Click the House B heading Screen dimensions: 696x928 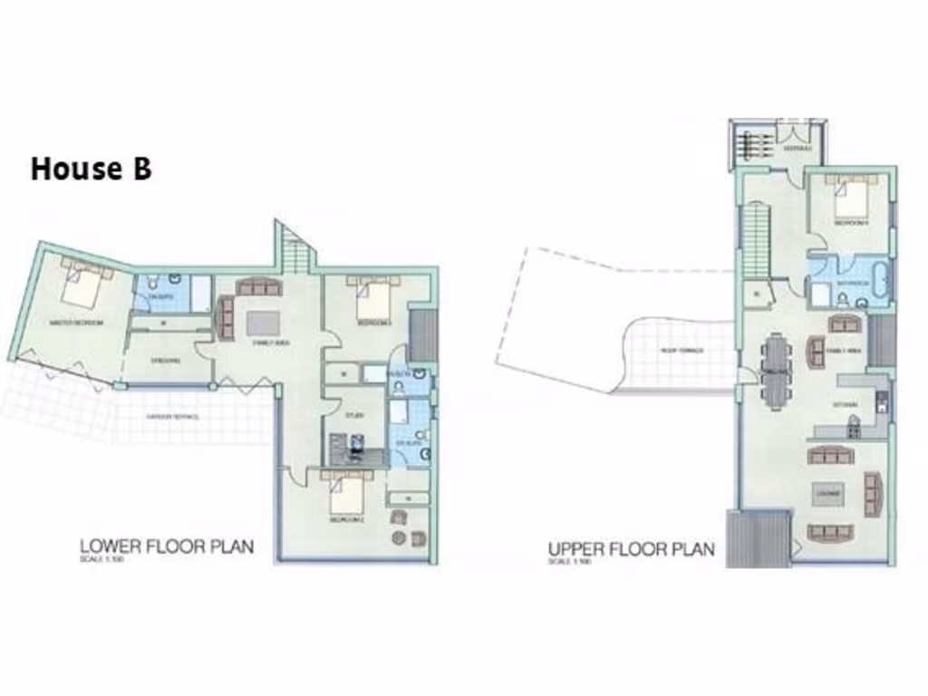pyautogui.click(x=91, y=169)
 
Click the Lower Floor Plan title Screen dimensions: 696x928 pyautogui.click(x=166, y=546)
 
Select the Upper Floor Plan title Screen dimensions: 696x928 pyautogui.click(x=631, y=549)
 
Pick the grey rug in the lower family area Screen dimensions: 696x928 pyautogui.click(x=264, y=324)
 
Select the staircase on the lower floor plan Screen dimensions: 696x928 pyautogui.click(x=294, y=247)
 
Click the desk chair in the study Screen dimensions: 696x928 pyautogui.click(x=359, y=443)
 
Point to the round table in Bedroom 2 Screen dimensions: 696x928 pyautogui.click(x=399, y=538)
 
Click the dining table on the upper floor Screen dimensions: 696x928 pyautogui.click(x=777, y=372)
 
